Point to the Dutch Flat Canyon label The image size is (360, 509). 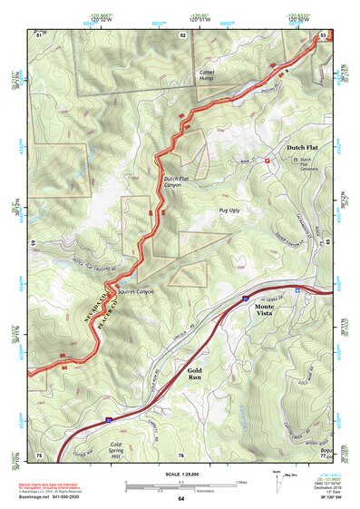pos(179,181)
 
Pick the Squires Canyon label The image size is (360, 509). pos(134,292)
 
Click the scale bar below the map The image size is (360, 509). pos(180,484)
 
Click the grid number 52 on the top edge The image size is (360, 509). pos(183,35)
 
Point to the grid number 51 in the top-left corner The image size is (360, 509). pos(39,35)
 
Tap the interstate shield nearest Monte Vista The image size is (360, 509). pos(245,297)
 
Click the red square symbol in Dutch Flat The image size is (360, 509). pos(268,161)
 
